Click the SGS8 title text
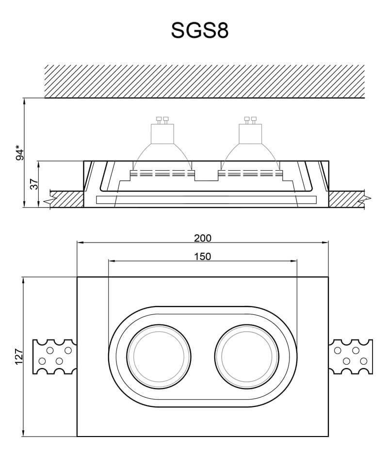pyautogui.click(x=200, y=30)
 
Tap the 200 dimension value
pyautogui.click(x=203, y=238)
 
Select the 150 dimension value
pyautogui.click(x=203, y=257)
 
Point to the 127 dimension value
pyautogui.click(x=19, y=357)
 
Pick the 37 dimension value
pyautogui.click(x=34, y=184)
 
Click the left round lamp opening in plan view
pyautogui.click(x=159, y=357)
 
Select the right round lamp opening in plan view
pyautogui.click(x=247, y=357)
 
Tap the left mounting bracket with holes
pyautogui.click(x=55, y=357)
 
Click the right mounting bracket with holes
pyautogui.click(x=351, y=357)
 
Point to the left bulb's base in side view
pyautogui.click(x=162, y=134)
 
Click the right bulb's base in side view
pyautogui.click(x=250, y=134)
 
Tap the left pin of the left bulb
pyautogui.click(x=159, y=120)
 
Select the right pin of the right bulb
pyautogui.click(x=254, y=120)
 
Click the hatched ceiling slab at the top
pyautogui.click(x=204, y=81)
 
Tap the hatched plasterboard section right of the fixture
pyautogui.click(x=346, y=199)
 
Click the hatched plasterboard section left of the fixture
pyautogui.click(x=67, y=199)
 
